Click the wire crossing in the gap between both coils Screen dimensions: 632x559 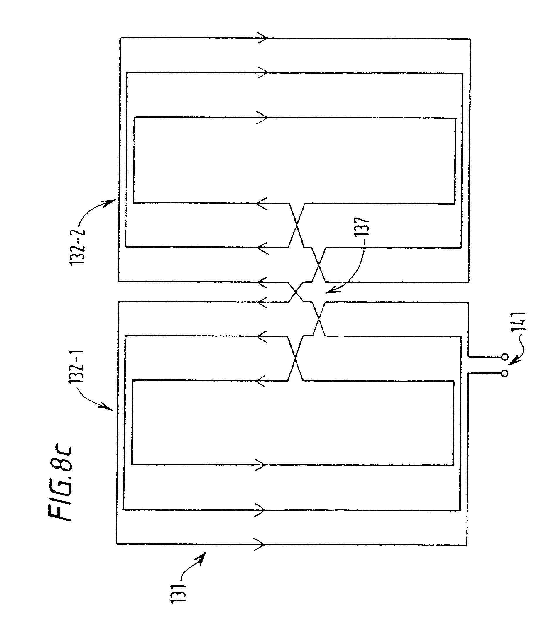click(x=297, y=292)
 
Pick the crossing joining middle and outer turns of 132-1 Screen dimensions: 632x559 click(x=319, y=319)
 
